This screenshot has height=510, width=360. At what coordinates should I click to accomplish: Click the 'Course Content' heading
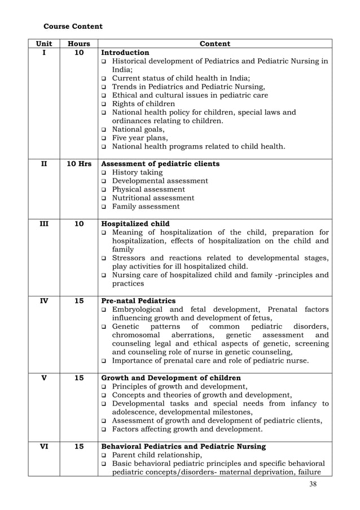coord(73,26)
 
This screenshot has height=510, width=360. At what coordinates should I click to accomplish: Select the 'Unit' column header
coord(43,43)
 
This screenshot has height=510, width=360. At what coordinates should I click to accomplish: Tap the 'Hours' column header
coord(79,43)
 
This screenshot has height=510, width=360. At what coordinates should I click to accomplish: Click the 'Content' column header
coord(215,43)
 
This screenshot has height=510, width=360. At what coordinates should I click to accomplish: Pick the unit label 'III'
coord(43,224)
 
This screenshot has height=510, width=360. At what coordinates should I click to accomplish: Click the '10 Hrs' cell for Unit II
coord(79,164)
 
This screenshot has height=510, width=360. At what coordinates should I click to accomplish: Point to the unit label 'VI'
coord(43,446)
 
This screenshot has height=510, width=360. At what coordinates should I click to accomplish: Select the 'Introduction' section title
coord(129,53)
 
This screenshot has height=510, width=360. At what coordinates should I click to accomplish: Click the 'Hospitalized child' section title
coord(139,224)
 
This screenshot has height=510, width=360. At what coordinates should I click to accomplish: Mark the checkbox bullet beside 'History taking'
coord(104,173)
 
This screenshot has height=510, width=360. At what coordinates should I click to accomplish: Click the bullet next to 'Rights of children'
coord(104,104)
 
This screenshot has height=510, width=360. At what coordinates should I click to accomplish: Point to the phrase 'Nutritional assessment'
coord(153,198)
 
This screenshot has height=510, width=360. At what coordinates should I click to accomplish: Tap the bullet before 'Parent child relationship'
coord(104,455)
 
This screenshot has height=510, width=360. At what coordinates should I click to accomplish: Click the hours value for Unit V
coord(79,378)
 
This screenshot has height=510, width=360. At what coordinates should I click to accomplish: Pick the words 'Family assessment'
coord(146,207)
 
